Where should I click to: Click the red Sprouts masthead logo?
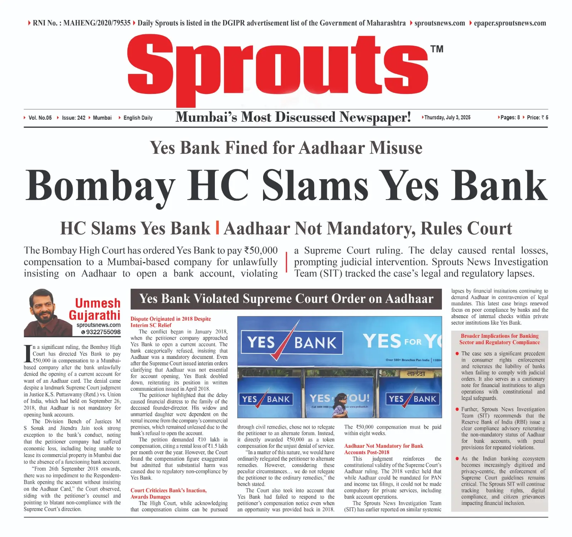[x=278, y=68]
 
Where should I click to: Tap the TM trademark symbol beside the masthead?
[x=437, y=49]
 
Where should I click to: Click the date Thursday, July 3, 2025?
[x=447, y=117]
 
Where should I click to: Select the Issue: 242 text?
[x=74, y=118]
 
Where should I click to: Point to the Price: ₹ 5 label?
[x=537, y=117]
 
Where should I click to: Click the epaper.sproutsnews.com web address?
[x=510, y=23]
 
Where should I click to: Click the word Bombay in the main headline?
[x=100, y=186]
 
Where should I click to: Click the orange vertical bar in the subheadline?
[x=217, y=228]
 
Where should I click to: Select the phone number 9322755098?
[x=103, y=332]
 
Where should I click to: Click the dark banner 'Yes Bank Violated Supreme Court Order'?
[x=286, y=299]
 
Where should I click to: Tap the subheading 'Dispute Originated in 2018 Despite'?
[x=171, y=319]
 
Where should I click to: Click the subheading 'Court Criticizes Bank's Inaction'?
[x=168, y=490]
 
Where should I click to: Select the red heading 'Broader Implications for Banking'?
[x=499, y=336]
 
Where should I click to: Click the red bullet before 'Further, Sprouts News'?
[x=457, y=410]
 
